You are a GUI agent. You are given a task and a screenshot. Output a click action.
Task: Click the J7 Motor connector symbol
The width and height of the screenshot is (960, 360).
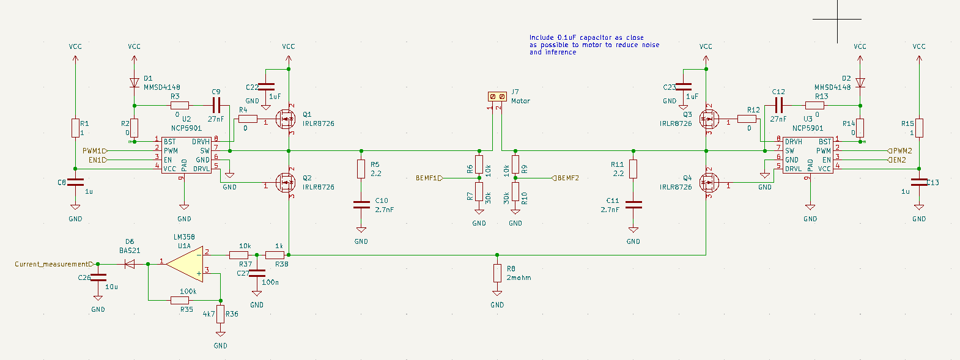pyautogui.click(x=497, y=97)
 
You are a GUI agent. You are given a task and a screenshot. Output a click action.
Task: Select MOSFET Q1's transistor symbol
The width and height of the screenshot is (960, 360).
pyautogui.click(x=284, y=119)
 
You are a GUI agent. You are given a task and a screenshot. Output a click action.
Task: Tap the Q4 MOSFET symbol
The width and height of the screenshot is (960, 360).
pyautogui.click(x=709, y=182)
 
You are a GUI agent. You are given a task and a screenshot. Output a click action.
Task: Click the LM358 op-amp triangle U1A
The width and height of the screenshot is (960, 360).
pyautogui.click(x=186, y=264)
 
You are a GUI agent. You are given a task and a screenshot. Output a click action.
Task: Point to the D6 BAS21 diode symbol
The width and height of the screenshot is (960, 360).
pyautogui.click(x=129, y=264)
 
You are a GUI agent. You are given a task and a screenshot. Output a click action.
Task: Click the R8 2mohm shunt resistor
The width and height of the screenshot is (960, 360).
pyautogui.click(x=497, y=273)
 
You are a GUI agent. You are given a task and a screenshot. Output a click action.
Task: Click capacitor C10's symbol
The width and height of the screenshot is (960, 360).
pyautogui.click(x=361, y=205)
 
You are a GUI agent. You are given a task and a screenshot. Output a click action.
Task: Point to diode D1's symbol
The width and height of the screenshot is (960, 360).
pyautogui.click(x=134, y=83)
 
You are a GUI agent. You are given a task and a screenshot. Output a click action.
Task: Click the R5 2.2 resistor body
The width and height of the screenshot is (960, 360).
pyautogui.click(x=361, y=169)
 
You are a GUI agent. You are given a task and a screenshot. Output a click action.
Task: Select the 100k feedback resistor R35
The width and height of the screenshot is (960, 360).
pyautogui.click(x=179, y=300)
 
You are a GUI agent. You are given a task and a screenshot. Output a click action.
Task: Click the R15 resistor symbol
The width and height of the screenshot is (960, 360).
pyautogui.click(x=919, y=128)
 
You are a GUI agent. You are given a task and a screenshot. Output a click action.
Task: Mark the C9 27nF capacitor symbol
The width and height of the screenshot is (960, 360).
pyautogui.click(x=216, y=105)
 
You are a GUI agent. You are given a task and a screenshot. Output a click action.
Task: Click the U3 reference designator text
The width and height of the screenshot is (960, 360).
pyautogui.click(x=808, y=119)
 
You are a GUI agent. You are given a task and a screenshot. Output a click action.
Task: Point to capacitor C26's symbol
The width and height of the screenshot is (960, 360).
pyautogui.click(x=98, y=279)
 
